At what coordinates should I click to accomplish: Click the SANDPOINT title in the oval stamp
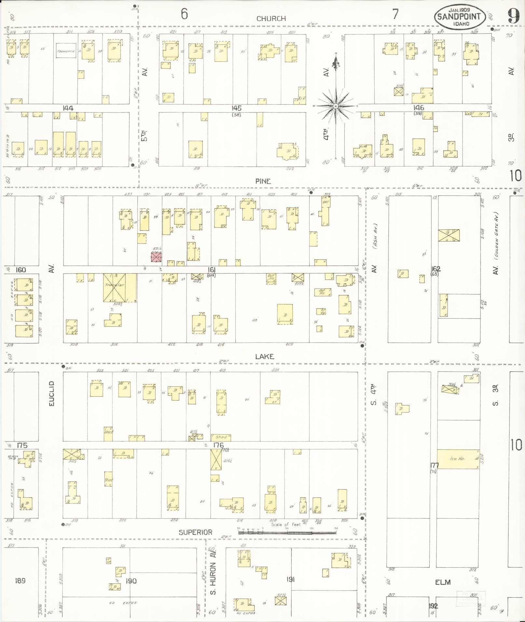[x=459, y=17]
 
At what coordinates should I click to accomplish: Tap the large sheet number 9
[x=513, y=16]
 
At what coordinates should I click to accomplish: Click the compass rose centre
[x=335, y=106]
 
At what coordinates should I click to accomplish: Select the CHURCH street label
[x=271, y=19]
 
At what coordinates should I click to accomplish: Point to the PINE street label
[x=263, y=181]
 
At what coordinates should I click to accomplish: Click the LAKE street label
[x=264, y=357]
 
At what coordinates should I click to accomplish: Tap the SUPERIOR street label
[x=195, y=532]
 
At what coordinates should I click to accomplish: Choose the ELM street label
[x=443, y=582]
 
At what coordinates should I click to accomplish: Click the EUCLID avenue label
[x=51, y=393]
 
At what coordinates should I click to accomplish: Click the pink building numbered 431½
[x=156, y=257]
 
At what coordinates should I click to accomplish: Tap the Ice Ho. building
[x=458, y=459]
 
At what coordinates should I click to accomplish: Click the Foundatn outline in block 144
[x=66, y=51]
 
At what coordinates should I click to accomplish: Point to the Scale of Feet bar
[x=287, y=533]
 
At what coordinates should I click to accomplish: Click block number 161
[x=212, y=270]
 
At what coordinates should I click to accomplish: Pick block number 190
[x=131, y=581]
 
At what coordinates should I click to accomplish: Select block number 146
[x=419, y=108]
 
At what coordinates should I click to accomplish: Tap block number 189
[x=20, y=581]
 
